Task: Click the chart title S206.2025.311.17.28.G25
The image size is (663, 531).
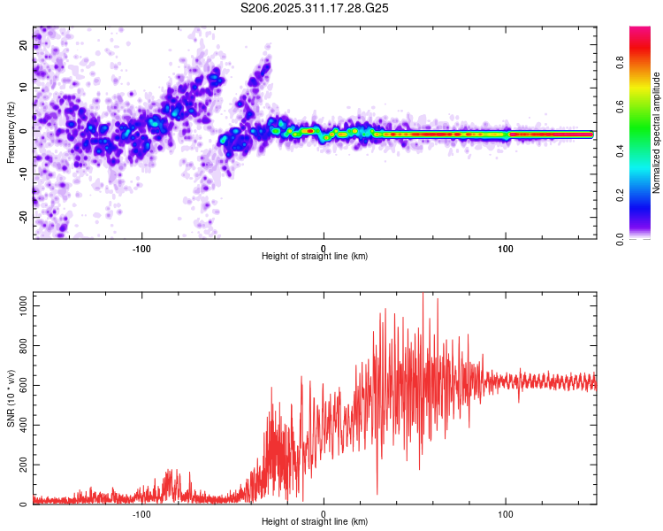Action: [315, 8]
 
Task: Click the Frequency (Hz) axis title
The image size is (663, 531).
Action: [11, 133]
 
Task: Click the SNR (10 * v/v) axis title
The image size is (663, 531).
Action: [11, 398]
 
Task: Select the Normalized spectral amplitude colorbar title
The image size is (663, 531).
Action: [656, 133]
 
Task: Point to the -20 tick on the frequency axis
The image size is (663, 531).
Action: [23, 217]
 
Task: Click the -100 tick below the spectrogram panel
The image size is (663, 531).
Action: [141, 248]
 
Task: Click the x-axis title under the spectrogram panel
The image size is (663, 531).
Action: [315, 257]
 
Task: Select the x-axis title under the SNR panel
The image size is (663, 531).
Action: [315, 522]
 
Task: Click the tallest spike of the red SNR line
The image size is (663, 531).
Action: [423, 294]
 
